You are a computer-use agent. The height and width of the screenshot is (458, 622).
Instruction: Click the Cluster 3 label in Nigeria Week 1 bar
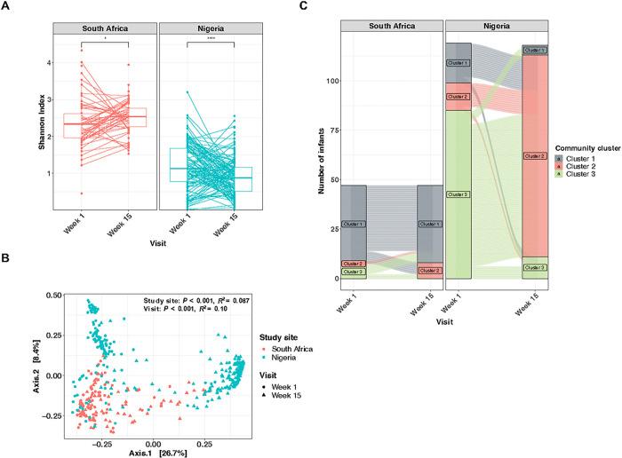[458, 194]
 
